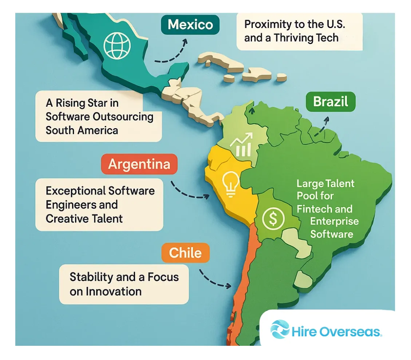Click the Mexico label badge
(190, 25)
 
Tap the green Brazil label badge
(331, 101)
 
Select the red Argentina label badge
(139, 164)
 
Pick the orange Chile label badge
(185, 253)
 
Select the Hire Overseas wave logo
(280, 329)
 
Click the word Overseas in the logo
(351, 332)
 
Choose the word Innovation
(106, 291)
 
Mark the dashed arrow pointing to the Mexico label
(171, 52)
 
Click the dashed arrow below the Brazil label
(322, 126)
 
